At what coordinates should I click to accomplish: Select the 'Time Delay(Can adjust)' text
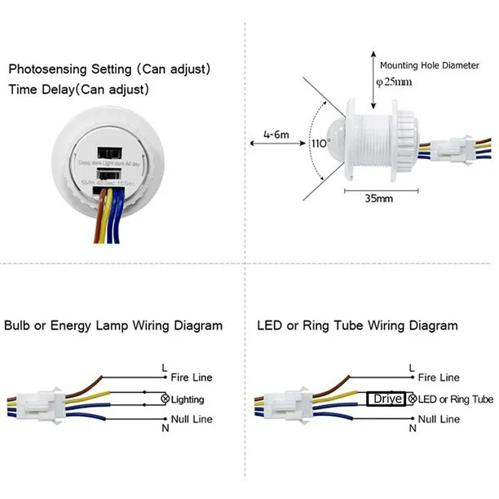click(79, 90)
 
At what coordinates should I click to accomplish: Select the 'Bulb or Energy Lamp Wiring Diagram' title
click(113, 325)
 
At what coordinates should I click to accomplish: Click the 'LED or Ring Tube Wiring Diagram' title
click(357, 325)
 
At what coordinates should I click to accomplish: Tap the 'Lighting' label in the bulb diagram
click(188, 400)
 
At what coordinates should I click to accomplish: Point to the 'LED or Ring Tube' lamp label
click(456, 400)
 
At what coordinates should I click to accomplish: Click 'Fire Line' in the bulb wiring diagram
click(192, 378)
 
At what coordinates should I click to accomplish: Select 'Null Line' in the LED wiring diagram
click(439, 419)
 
